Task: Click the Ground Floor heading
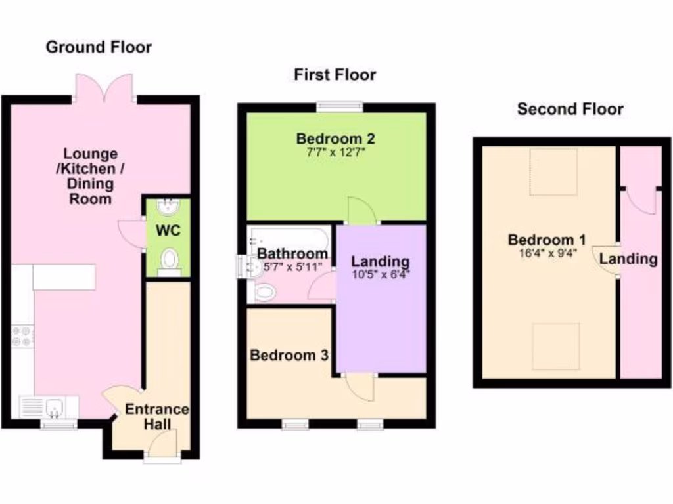[99, 47]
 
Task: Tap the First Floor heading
[335, 75]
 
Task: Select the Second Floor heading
[570, 109]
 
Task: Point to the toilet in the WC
[170, 260]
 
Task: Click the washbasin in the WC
[168, 208]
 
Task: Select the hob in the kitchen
[22, 337]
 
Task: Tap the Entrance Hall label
[157, 417]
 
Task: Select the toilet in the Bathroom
[266, 293]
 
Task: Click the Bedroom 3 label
[289, 356]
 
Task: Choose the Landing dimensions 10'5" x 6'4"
[380, 276]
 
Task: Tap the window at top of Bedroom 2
[339, 106]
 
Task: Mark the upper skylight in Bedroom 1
[553, 172]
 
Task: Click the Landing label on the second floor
[628, 259]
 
